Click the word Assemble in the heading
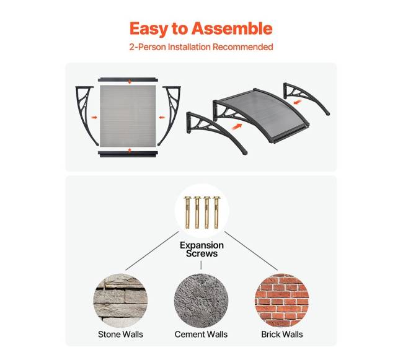tap(232, 29)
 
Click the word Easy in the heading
tap(148, 29)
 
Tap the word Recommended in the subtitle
tap(243, 47)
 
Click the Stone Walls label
tap(120, 335)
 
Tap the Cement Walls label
tap(201, 335)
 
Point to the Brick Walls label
tap(282, 335)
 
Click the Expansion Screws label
tap(201, 249)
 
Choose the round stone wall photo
tap(120, 301)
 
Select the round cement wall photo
tap(201, 301)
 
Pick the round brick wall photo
tap(282, 301)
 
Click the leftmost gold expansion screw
tap(187, 212)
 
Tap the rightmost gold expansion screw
tap(216, 212)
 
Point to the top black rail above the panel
tap(128, 79)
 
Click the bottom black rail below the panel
tap(128, 154)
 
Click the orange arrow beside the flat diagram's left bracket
tap(94, 117)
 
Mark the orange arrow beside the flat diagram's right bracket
tap(162, 117)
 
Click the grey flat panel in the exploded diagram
tap(128, 116)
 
